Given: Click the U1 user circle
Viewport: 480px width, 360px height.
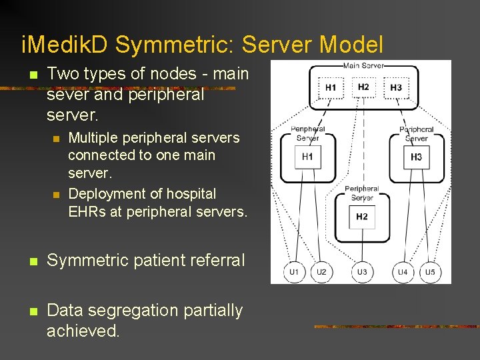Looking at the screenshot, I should click(294, 272).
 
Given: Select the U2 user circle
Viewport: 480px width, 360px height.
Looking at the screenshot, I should click(321, 272).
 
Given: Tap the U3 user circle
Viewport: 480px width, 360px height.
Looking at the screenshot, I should click(362, 272).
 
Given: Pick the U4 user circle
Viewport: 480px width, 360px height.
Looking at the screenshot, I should click(403, 272).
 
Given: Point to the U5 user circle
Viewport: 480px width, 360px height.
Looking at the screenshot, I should click(430, 272).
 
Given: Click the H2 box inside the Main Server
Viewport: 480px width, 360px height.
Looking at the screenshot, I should click(363, 87).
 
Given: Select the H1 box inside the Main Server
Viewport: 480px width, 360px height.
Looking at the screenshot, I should click(331, 87).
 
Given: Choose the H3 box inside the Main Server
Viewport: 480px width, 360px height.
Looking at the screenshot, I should click(396, 87).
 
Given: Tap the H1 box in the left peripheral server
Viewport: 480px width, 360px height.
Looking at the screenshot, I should click(307, 157).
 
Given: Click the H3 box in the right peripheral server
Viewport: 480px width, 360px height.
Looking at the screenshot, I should click(417, 157).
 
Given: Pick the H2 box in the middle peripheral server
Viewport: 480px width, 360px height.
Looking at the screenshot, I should click(362, 217).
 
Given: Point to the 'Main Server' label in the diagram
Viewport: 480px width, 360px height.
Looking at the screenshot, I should click(363, 65).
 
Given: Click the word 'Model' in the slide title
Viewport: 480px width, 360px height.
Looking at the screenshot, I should click(351, 45).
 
